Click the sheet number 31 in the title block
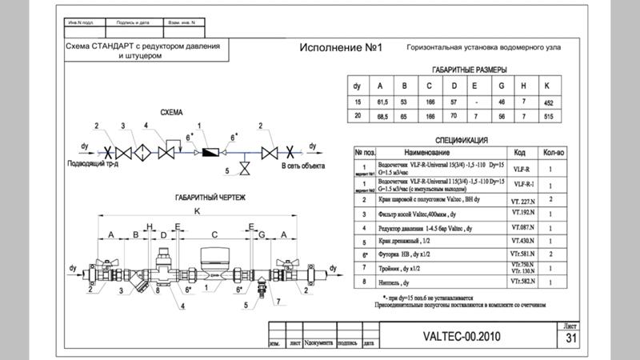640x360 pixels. pyautogui.click(x=570, y=338)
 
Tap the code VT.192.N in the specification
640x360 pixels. pyautogui.click(x=522, y=214)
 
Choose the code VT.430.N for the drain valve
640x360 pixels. pyautogui.click(x=522, y=240)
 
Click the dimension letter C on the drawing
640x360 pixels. pyautogui.click(x=215, y=234)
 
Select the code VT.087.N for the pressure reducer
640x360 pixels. pyautogui.click(x=522, y=227)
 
